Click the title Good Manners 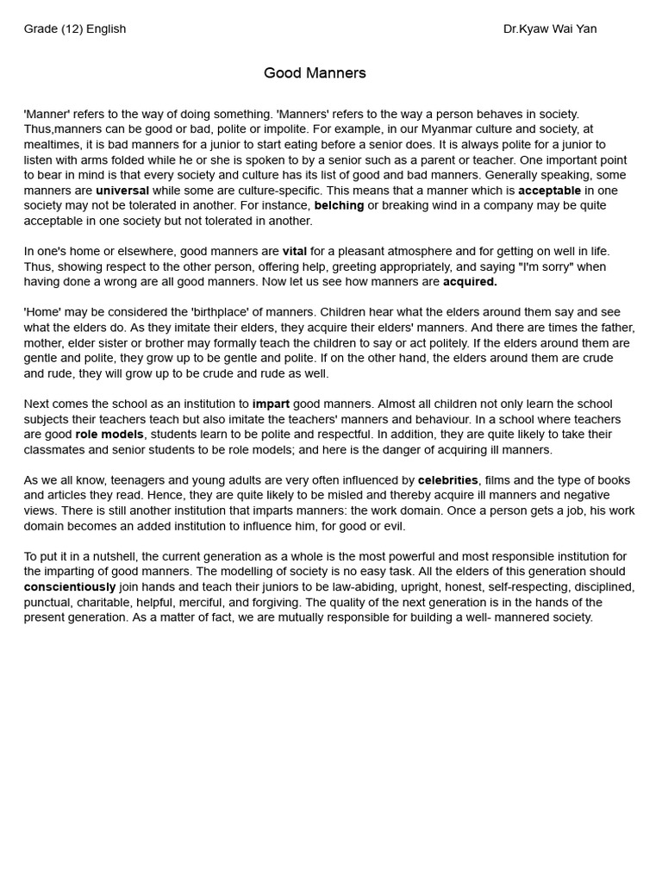click(315, 73)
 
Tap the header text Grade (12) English click(75, 28)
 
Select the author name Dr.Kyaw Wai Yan click(550, 28)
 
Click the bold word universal click(122, 191)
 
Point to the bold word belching click(339, 205)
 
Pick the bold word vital click(295, 251)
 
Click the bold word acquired click(470, 282)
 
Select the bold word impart click(271, 404)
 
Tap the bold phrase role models click(109, 435)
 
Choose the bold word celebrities click(447, 480)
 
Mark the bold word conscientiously click(70, 587)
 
